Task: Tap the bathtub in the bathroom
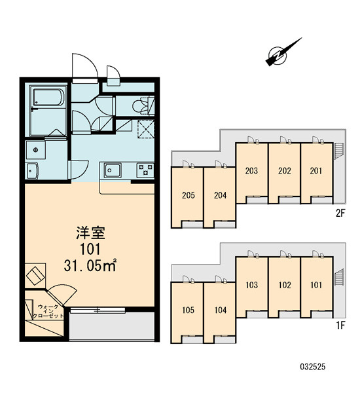(48, 98)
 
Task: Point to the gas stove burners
(145, 170)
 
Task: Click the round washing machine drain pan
(35, 150)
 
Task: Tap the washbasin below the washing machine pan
(31, 171)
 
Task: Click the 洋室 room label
(90, 233)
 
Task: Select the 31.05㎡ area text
(90, 265)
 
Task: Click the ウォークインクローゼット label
(50, 310)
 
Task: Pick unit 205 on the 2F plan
(189, 195)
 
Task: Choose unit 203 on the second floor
(251, 171)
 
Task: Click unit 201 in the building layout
(316, 171)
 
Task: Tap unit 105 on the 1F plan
(189, 310)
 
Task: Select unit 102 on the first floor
(285, 285)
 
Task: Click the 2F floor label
(340, 214)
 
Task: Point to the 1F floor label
(341, 326)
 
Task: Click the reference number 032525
(313, 367)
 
